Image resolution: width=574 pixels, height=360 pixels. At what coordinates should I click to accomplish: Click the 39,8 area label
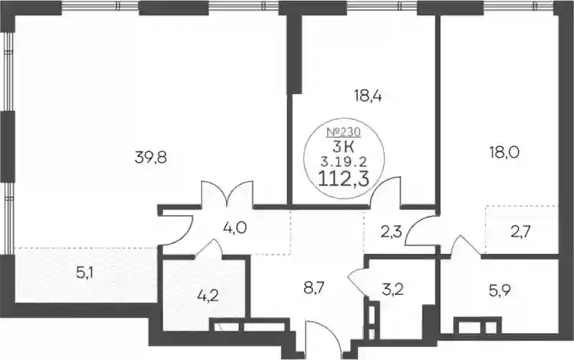[x=151, y=158]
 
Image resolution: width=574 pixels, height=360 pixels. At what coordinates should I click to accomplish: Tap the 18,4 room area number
[x=368, y=96]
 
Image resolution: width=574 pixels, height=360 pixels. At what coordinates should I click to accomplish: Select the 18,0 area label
[x=505, y=152]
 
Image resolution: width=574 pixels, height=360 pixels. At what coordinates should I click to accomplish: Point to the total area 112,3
[x=344, y=179]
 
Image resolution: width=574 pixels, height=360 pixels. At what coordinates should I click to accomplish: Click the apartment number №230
[x=344, y=131]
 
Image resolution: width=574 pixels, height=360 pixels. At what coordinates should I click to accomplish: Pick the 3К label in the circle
[x=344, y=147]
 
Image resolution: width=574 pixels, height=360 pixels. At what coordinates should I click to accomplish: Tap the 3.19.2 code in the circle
[x=344, y=160]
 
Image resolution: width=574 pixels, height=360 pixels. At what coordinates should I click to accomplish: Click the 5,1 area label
[x=85, y=273]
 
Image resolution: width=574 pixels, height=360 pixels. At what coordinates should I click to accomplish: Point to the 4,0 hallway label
[x=235, y=228]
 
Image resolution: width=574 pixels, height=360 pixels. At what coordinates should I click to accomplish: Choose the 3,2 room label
[x=392, y=289]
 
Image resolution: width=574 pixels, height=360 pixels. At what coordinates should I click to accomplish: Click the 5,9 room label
[x=500, y=291]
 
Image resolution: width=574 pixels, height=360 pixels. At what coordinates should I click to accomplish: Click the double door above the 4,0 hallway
[x=227, y=194]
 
